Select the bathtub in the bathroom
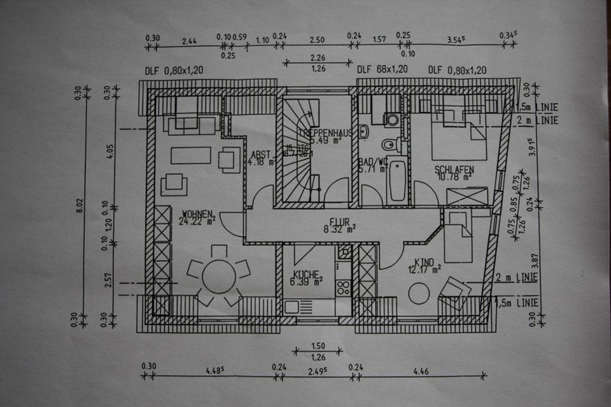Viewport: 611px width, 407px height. pos(397,180)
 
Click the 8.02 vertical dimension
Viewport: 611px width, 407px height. pos(79,207)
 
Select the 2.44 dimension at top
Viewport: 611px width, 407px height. pos(188,41)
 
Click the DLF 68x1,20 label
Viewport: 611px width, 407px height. pos(382,70)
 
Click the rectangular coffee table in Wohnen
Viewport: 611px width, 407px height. pos(191,155)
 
